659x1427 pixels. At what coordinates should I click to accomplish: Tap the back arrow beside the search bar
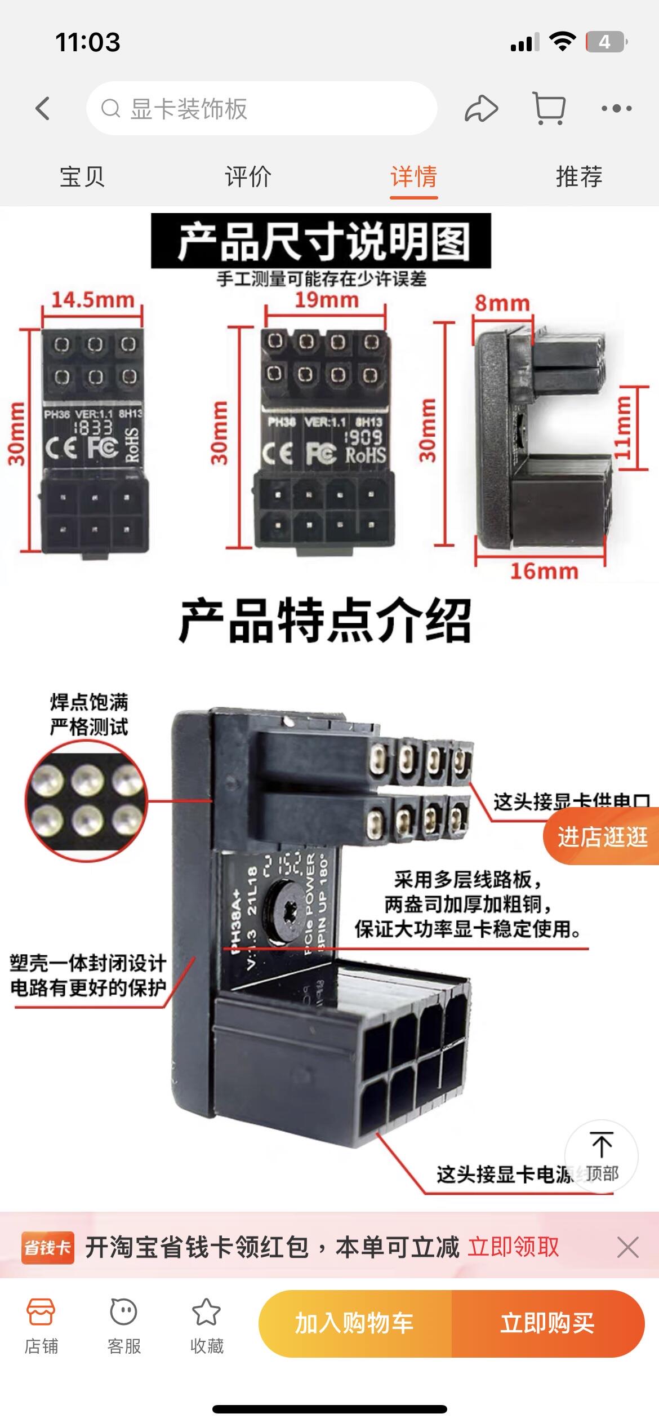point(43,108)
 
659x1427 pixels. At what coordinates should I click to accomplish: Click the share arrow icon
point(481,108)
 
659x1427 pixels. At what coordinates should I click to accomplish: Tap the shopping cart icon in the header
point(549,108)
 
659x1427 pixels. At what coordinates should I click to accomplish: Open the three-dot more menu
point(616,108)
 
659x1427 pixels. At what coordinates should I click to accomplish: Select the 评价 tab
point(248,177)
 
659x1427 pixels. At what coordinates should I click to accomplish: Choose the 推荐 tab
point(579,177)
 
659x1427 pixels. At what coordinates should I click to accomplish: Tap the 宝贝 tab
point(82,177)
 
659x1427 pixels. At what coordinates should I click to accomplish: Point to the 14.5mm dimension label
point(93,300)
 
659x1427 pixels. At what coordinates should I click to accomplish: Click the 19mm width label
point(327,300)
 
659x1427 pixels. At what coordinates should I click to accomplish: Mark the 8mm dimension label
point(502,303)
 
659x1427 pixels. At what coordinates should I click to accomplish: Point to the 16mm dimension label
point(544,571)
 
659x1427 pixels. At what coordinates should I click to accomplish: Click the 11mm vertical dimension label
point(622,428)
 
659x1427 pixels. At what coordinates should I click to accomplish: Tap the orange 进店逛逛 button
point(602,837)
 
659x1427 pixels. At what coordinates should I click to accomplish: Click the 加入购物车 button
point(355,1323)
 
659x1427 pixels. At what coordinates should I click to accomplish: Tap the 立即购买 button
point(547,1323)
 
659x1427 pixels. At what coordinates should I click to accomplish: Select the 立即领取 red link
point(513,1247)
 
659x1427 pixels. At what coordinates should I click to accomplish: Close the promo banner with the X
point(627,1247)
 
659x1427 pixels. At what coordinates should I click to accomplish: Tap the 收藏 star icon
point(207,1313)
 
